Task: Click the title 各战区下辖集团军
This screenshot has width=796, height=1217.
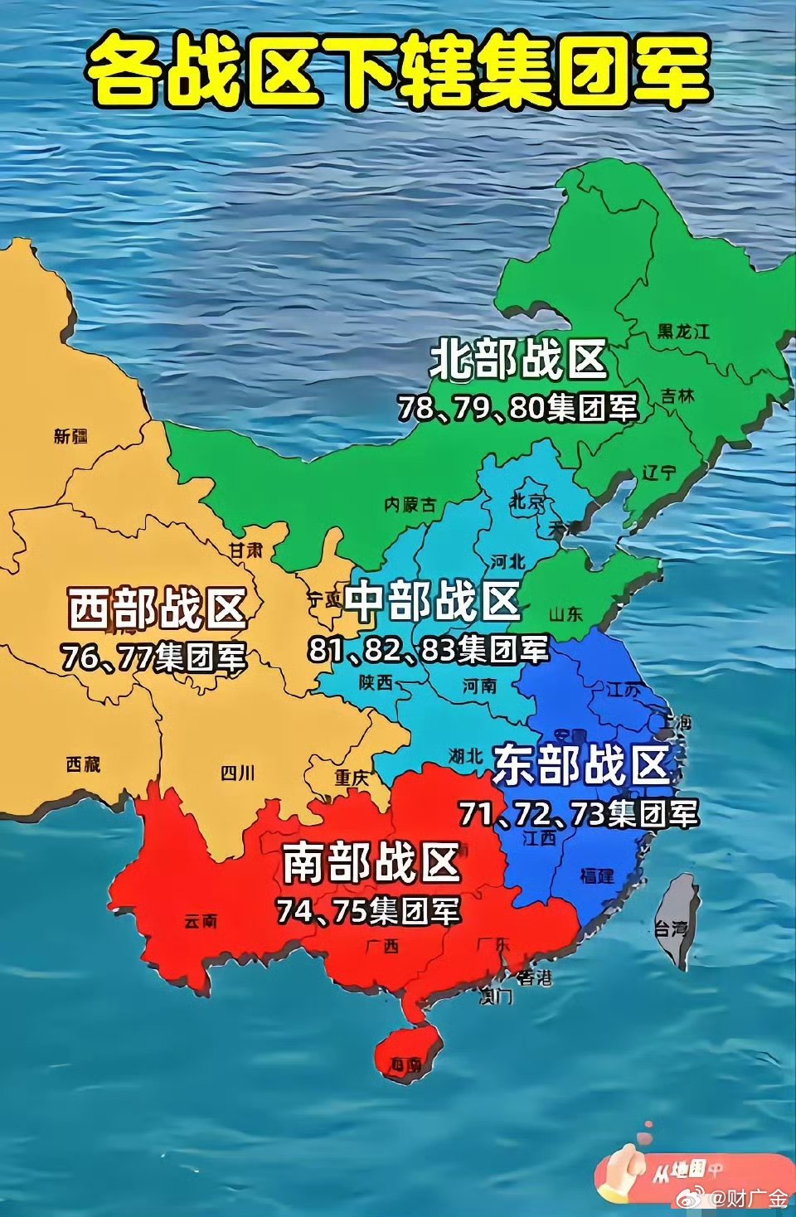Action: pyautogui.click(x=398, y=73)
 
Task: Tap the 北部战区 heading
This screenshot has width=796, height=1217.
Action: pyautogui.click(x=518, y=360)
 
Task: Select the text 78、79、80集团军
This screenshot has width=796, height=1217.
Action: pyautogui.click(x=517, y=407)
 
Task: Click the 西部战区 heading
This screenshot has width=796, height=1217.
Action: pyautogui.click(x=157, y=609)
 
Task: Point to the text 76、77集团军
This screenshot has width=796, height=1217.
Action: pyautogui.click(x=154, y=657)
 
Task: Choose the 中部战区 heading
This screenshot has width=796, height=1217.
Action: pyautogui.click(x=432, y=601)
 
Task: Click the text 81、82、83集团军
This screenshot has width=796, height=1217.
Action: pyautogui.click(x=429, y=649)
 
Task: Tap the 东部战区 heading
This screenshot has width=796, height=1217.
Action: pyautogui.click(x=580, y=764)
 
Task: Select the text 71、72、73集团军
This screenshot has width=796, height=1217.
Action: pyautogui.click(x=579, y=813)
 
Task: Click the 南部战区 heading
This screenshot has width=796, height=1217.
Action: pyautogui.click(x=371, y=862)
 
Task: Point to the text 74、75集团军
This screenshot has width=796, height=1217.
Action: pyautogui.click(x=368, y=910)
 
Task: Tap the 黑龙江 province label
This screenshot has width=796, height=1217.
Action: pyautogui.click(x=683, y=332)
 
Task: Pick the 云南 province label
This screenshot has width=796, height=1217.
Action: pyautogui.click(x=201, y=921)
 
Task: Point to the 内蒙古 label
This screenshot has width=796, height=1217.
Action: pyautogui.click(x=410, y=504)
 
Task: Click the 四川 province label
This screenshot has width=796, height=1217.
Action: pyautogui.click(x=237, y=773)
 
